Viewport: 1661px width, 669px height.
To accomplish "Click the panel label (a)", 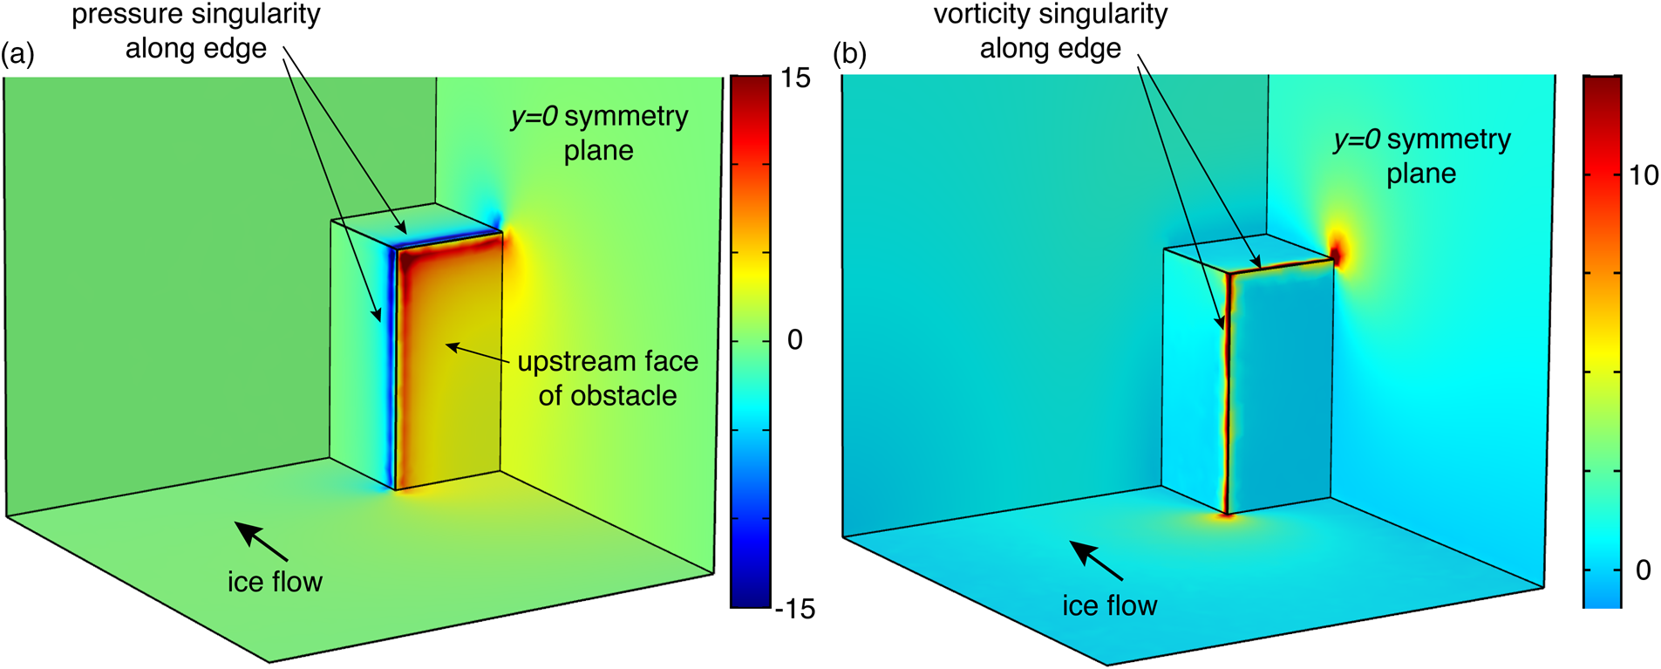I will (17, 56).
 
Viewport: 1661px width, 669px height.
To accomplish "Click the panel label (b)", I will (850, 56).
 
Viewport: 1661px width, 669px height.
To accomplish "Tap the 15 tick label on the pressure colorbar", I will (795, 79).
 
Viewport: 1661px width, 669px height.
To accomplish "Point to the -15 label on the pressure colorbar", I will (794, 609).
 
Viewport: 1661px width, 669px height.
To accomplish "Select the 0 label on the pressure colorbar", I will (794, 339).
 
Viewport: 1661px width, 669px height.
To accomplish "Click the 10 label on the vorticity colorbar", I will (1644, 175).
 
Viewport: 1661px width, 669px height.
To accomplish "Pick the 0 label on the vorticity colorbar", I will (1644, 570).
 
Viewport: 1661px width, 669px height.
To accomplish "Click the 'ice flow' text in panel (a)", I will (275, 582).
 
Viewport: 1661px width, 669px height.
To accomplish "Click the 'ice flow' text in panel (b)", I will (1109, 605).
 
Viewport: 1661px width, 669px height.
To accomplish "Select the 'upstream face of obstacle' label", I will (608, 379).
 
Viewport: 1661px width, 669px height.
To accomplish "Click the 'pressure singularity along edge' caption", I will (196, 31).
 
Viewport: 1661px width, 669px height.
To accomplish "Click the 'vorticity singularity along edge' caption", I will (1050, 31).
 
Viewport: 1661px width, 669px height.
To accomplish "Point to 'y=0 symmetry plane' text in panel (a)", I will (599, 133).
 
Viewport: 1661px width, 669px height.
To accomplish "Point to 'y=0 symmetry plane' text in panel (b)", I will (1422, 156).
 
